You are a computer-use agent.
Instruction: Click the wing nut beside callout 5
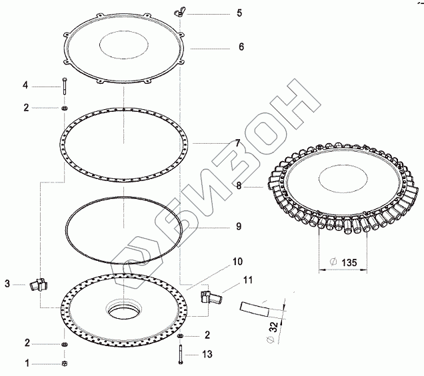[x=179, y=12]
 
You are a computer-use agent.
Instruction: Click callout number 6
[x=241, y=47]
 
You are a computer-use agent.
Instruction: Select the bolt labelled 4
[x=65, y=86]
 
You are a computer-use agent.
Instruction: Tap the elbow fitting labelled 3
[x=39, y=284]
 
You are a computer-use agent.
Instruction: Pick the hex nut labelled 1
[x=65, y=363]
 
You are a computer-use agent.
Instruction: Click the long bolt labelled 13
[x=181, y=355]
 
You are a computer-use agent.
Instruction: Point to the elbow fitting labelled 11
[x=211, y=296]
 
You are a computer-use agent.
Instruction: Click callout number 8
[x=239, y=186]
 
